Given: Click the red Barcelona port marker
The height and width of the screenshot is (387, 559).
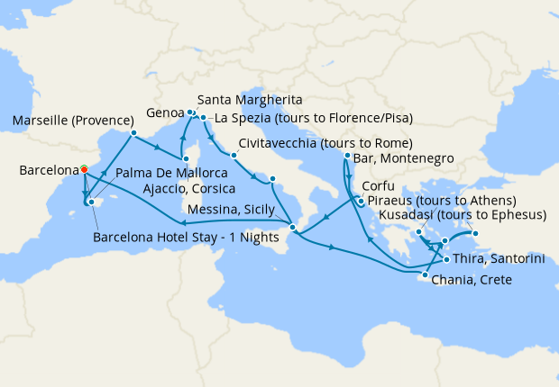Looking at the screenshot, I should [83, 168].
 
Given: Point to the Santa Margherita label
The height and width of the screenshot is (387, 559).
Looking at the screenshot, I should [249, 99].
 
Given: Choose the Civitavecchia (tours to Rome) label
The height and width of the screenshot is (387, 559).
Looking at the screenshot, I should [325, 143].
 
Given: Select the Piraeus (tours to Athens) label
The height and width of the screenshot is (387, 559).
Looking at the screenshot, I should [442, 200].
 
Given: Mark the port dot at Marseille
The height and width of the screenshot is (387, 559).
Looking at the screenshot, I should [133, 134].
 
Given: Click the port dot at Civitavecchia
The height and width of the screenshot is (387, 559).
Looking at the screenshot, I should [234, 155].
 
